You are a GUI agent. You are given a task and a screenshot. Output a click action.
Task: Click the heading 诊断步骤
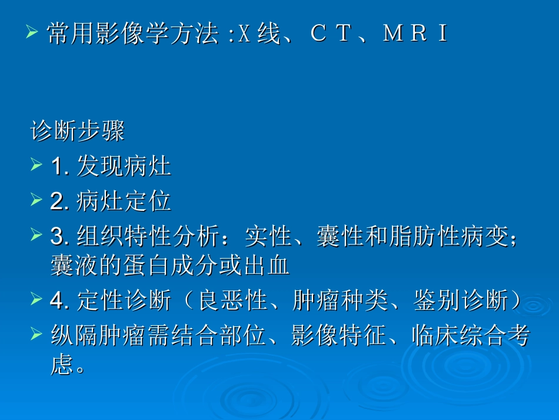point(77,131)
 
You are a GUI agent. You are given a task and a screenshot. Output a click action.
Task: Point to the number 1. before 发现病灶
point(61,167)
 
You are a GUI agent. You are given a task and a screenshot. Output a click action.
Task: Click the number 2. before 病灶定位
point(61,201)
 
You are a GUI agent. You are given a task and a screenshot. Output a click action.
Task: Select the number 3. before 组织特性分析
point(61,237)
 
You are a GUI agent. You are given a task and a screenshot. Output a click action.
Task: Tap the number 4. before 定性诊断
point(61,301)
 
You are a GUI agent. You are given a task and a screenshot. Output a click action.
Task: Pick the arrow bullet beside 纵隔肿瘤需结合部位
point(36,336)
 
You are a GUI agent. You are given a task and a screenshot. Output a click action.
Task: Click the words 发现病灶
point(124,167)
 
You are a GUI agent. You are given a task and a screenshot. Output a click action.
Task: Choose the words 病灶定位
point(124,201)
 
